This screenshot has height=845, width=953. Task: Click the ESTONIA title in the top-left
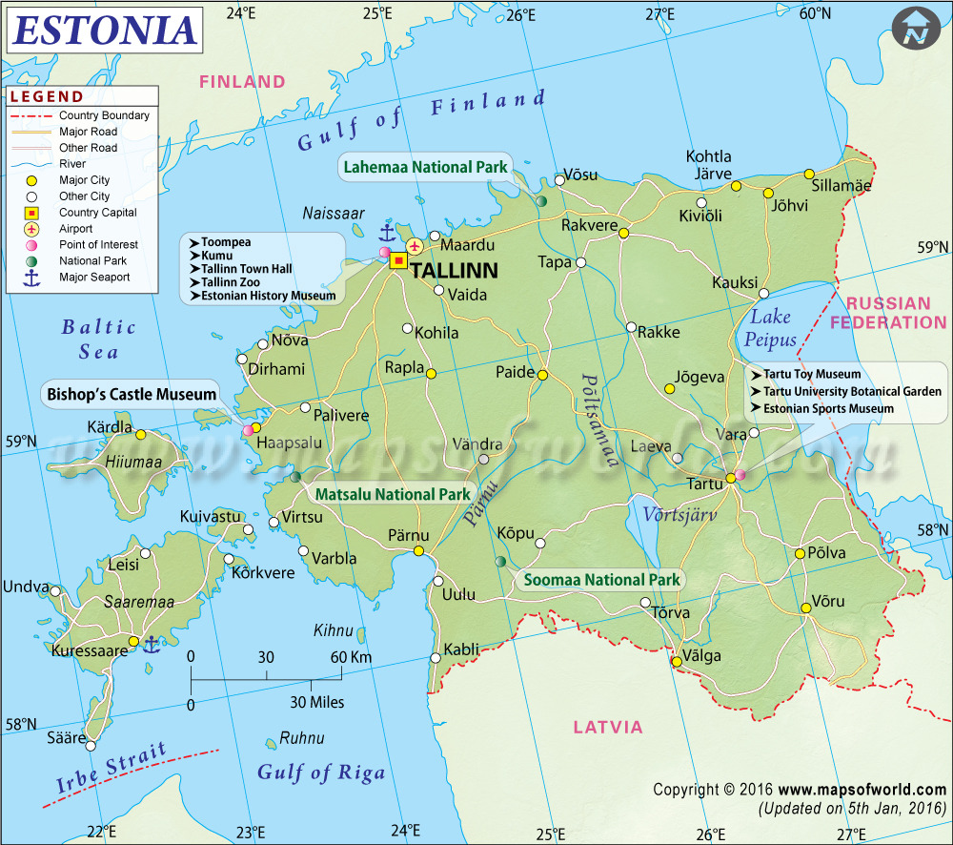pyautogui.click(x=105, y=31)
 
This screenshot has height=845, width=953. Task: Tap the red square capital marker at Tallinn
pyautogui.click(x=398, y=260)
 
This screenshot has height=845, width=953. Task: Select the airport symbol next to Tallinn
pyautogui.click(x=415, y=247)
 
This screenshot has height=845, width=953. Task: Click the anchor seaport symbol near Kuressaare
pyautogui.click(x=150, y=645)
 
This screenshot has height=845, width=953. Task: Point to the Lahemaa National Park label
pyautogui.click(x=425, y=167)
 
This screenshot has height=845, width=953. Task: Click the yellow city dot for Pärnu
pyautogui.click(x=418, y=551)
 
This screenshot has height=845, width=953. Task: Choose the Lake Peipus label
pyautogui.click(x=771, y=328)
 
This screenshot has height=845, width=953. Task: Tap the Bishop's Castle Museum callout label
pyautogui.click(x=132, y=393)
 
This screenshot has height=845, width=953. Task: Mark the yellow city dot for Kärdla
pyautogui.click(x=140, y=435)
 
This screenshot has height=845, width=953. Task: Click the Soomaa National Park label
pyautogui.click(x=598, y=579)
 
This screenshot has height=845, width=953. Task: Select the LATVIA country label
pyautogui.click(x=608, y=727)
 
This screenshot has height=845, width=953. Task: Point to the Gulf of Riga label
pyautogui.click(x=321, y=773)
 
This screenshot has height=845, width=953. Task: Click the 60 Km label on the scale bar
pyautogui.click(x=351, y=657)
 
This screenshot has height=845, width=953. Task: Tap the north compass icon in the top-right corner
pyautogui.click(x=917, y=29)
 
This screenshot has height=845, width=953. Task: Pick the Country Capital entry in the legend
pyautogui.click(x=97, y=213)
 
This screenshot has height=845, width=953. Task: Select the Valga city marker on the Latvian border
pyautogui.click(x=677, y=661)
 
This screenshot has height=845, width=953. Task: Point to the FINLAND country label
pyautogui.click(x=242, y=82)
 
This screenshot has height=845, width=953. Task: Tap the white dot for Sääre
pyautogui.click(x=82, y=738)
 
